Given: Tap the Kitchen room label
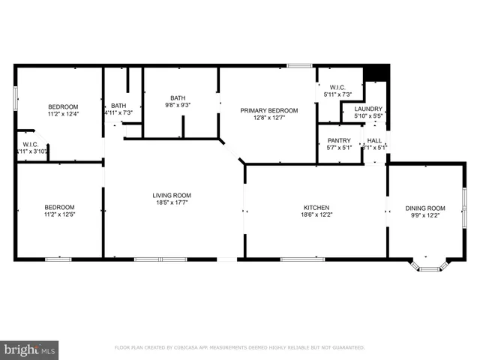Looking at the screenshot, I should [316, 208].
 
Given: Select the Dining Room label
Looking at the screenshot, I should [425, 208].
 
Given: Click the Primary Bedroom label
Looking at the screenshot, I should [268, 110].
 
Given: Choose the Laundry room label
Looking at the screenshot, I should [367, 109].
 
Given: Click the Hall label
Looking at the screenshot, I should [374, 140].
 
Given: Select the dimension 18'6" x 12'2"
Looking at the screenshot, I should [316, 215].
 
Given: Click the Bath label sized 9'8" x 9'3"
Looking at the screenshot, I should [178, 97].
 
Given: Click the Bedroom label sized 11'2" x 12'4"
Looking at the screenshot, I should [59, 106].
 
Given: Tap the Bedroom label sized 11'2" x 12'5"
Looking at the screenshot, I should [59, 208].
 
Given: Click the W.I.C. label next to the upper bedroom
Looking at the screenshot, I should [31, 144].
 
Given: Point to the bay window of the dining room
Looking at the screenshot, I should [430, 265].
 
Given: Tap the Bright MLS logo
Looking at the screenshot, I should [30, 349].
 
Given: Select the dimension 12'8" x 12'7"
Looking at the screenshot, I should [268, 118].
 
